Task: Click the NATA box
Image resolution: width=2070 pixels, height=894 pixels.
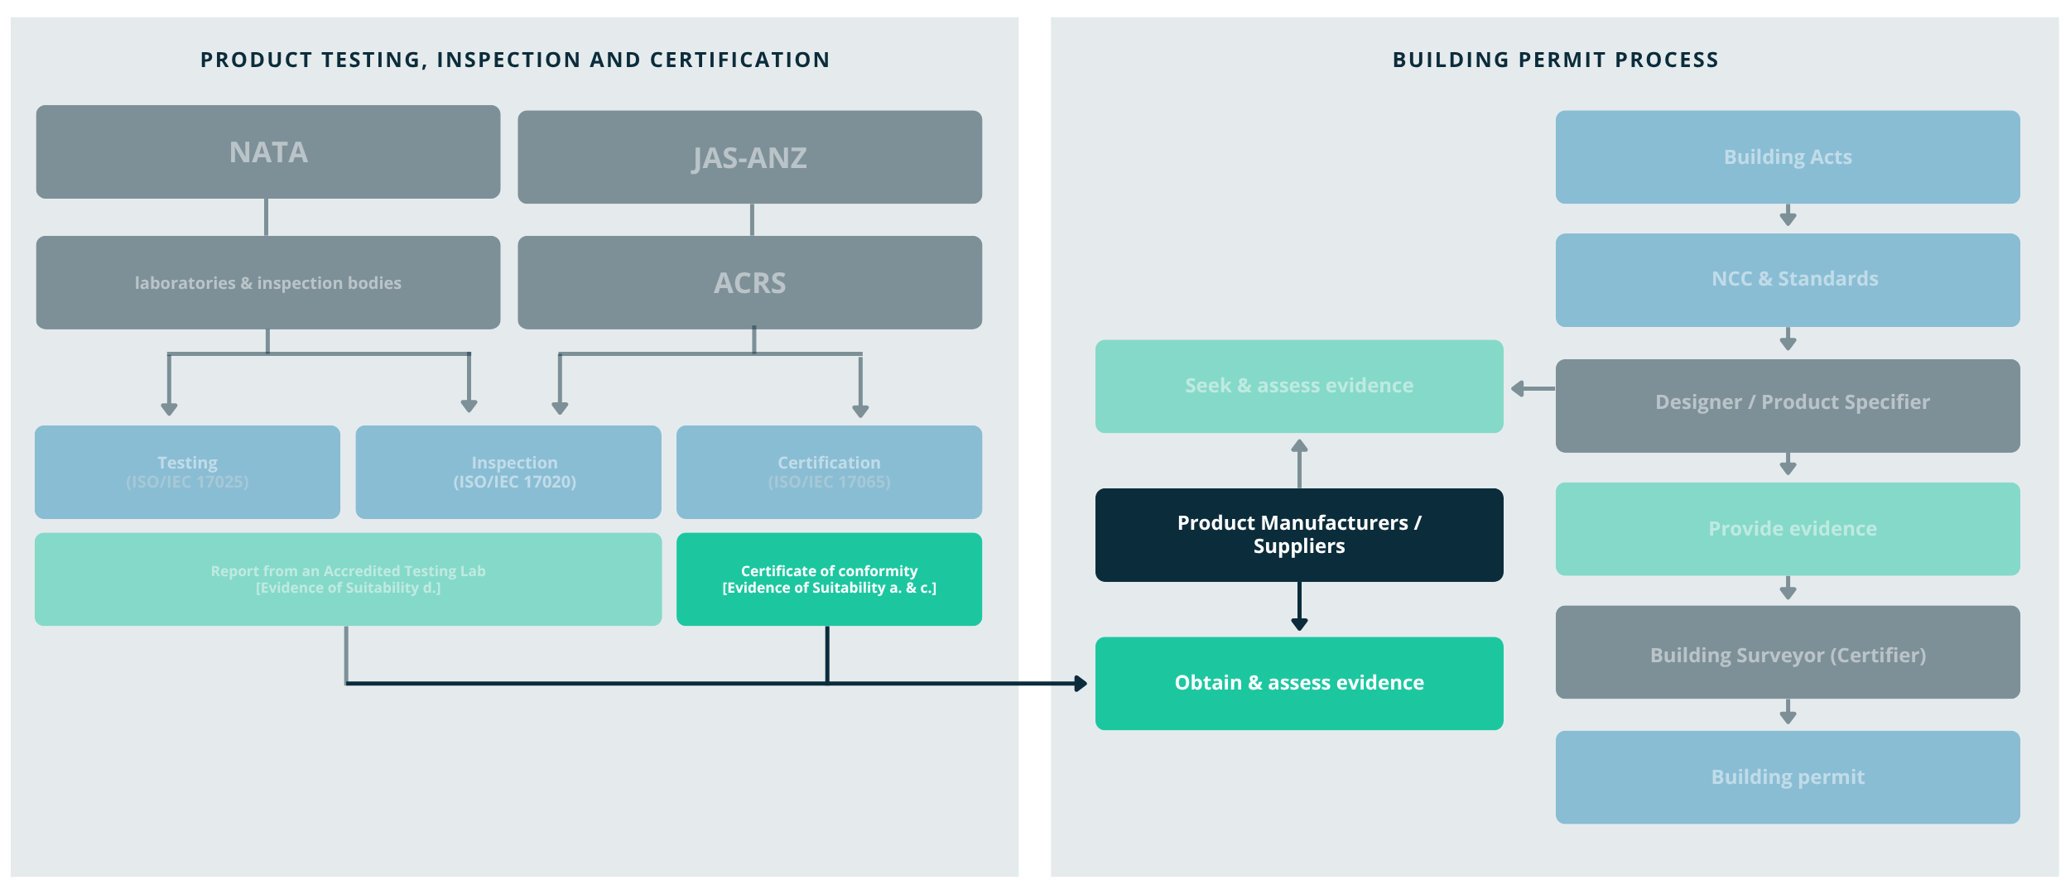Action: pyautogui.click(x=267, y=152)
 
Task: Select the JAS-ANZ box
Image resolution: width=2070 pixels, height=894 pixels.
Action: pyautogui.click(x=749, y=157)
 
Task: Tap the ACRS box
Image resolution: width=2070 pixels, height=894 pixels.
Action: pyautogui.click(x=749, y=283)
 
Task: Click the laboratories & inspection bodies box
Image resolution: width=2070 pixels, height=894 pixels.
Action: pyautogui.click(x=267, y=283)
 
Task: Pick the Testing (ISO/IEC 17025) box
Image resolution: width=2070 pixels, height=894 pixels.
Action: pyautogui.click(x=187, y=472)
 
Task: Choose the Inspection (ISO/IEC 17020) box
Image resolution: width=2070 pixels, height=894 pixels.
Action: pyautogui.click(x=508, y=472)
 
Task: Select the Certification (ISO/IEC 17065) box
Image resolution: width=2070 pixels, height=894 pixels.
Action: pyautogui.click(x=829, y=472)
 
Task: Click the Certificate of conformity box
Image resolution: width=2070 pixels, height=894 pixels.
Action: pyautogui.click(x=829, y=579)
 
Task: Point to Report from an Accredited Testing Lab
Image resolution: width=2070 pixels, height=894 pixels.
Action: pyautogui.click(x=348, y=579)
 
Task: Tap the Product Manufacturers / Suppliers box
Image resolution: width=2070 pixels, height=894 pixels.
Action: pyautogui.click(x=1298, y=535)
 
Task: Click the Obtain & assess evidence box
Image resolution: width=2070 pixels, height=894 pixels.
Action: pyautogui.click(x=1298, y=683)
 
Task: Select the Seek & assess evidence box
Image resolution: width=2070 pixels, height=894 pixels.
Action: pyautogui.click(x=1298, y=386)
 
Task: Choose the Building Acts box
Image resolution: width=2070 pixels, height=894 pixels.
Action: pyautogui.click(x=1787, y=157)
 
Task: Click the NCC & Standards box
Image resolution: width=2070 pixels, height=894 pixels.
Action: pyautogui.click(x=1787, y=280)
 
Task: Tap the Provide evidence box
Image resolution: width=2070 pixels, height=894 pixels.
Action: pyautogui.click(x=1787, y=529)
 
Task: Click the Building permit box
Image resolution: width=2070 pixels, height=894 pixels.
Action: pyautogui.click(x=1787, y=777)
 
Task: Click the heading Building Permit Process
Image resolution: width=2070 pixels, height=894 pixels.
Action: pyautogui.click(x=1555, y=60)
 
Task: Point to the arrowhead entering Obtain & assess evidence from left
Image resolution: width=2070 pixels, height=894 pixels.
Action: pyautogui.click(x=1081, y=684)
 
